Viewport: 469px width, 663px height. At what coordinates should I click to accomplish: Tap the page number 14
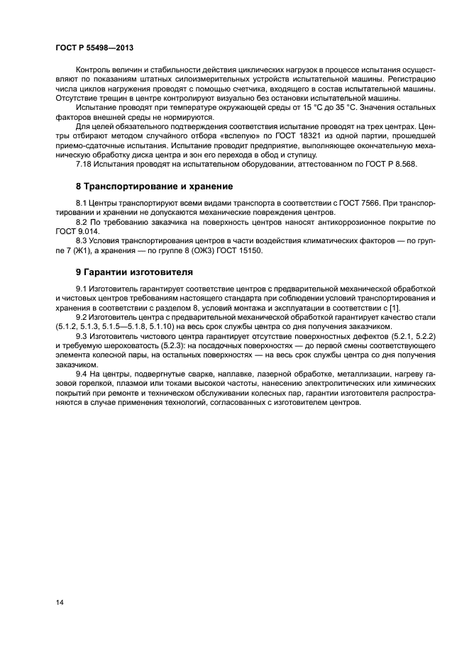pyautogui.click(x=60, y=602)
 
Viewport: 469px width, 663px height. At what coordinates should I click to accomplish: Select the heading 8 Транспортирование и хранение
pyautogui.click(x=154, y=186)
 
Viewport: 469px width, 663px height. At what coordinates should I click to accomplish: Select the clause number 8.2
pyautogui.click(x=82, y=223)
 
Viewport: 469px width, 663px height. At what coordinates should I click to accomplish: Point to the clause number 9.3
pyautogui.click(x=82, y=335)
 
